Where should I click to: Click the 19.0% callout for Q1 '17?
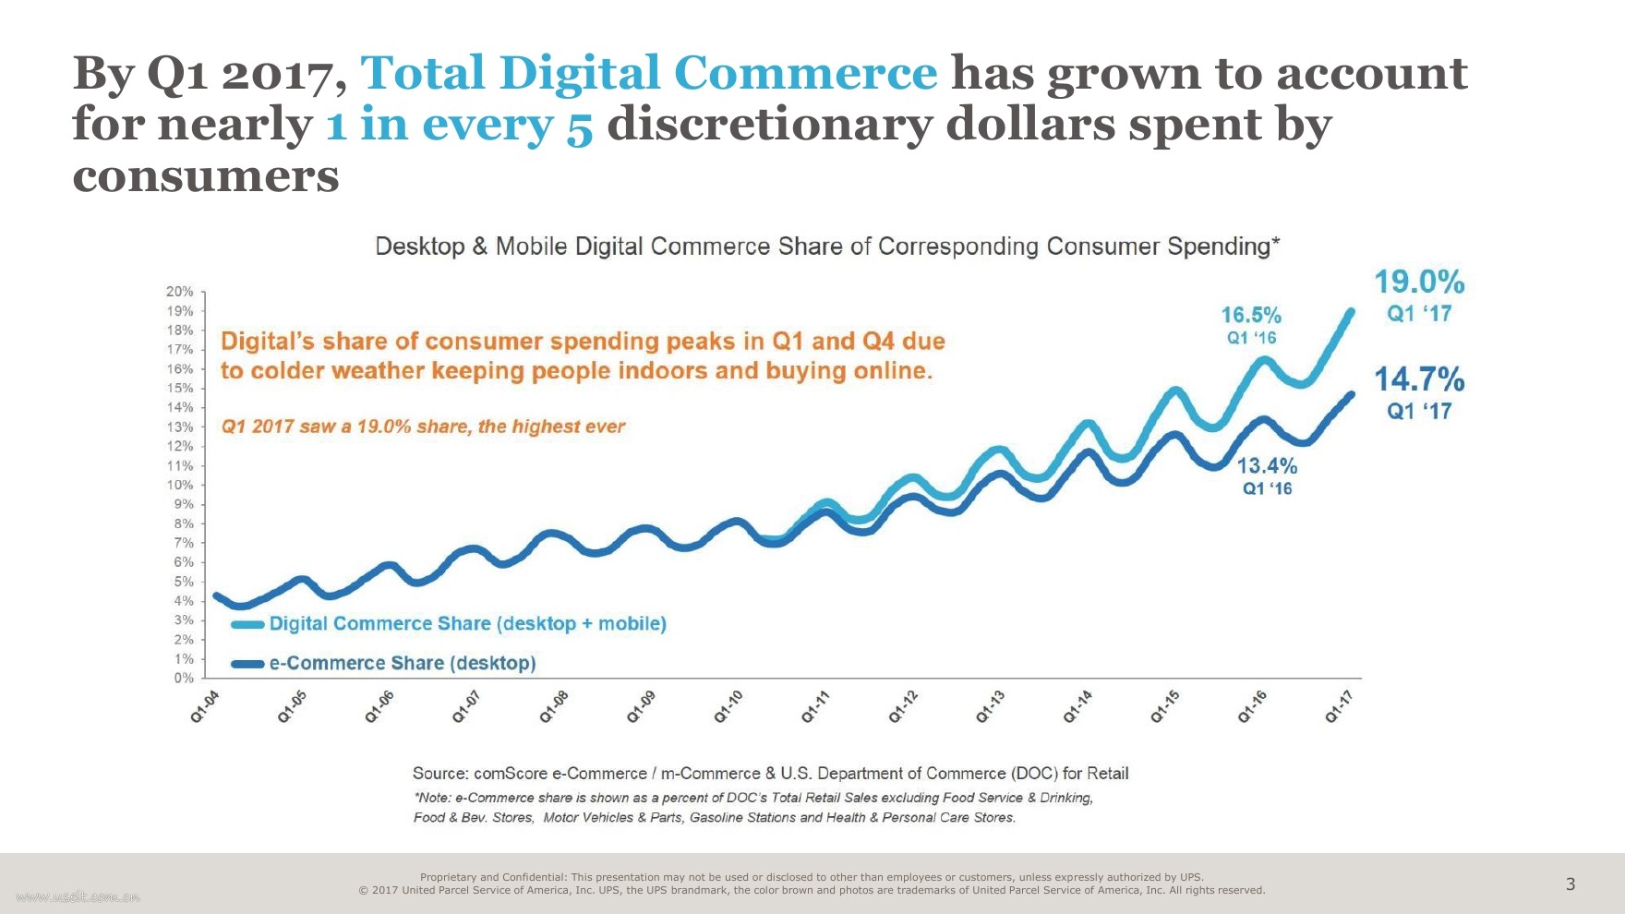[1419, 283]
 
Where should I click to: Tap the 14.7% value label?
[1419, 379]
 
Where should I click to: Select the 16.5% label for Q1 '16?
[1251, 316]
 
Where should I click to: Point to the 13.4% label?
[1267, 466]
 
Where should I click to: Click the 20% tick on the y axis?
[180, 292]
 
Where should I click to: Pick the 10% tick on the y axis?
[180, 485]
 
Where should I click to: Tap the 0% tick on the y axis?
[184, 678]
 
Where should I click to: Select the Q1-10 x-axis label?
[728, 706]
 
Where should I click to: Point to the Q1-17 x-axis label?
[1339, 706]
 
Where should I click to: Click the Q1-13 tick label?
[990, 706]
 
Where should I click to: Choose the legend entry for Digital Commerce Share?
[467, 624]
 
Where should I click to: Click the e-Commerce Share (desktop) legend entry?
[402, 663]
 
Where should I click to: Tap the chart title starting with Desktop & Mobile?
[826, 247]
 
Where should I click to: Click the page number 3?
[1571, 884]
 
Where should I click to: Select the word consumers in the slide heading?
[206, 175]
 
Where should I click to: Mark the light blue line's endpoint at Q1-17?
[1352, 312]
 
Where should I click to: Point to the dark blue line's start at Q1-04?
[216, 595]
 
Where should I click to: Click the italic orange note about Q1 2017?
[423, 427]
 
